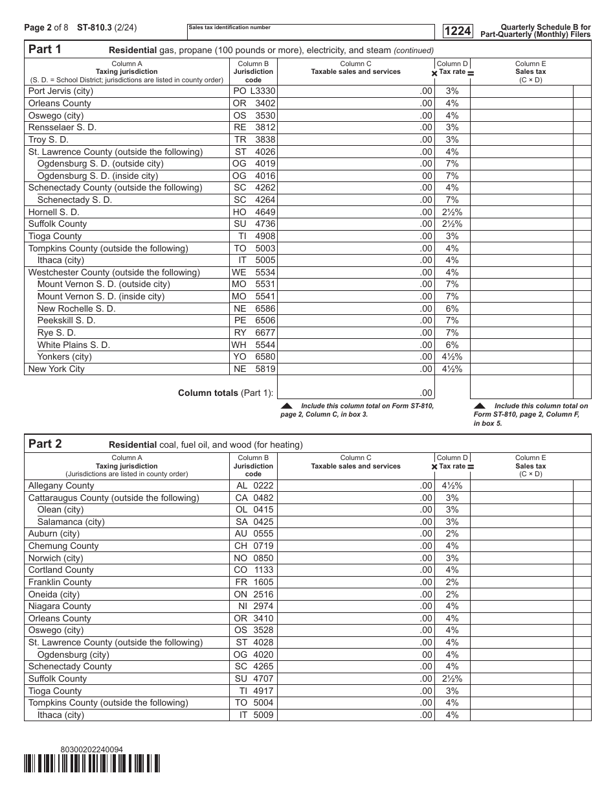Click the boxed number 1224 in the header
(457, 30)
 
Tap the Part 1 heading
(45, 49)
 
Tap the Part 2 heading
(45, 444)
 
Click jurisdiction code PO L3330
(254, 91)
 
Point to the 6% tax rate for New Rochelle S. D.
(452, 308)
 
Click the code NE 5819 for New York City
(254, 369)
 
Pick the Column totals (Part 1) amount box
(355, 393)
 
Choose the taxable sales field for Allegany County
(355, 485)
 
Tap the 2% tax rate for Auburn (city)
(452, 534)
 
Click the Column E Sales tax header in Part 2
(530, 466)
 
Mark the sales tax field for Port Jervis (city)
(522, 91)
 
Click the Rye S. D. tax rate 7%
(452, 332)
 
